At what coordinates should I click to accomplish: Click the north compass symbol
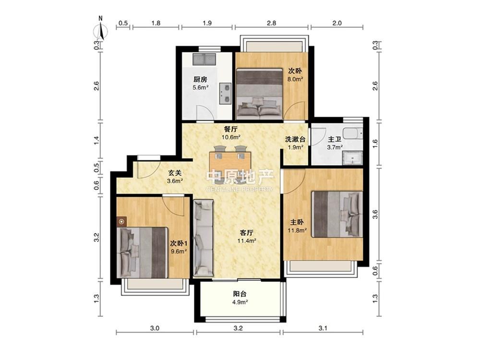(101, 29)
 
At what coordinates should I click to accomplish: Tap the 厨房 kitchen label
(200, 80)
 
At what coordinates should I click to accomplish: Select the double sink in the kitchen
(204, 59)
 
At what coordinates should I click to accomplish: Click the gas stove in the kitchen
(225, 94)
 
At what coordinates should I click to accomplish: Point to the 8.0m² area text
(295, 79)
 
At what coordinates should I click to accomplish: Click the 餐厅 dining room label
(231, 130)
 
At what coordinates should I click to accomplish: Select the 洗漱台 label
(295, 139)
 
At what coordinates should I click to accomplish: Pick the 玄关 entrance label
(175, 173)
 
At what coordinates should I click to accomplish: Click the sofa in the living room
(203, 238)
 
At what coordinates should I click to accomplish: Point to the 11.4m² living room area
(247, 240)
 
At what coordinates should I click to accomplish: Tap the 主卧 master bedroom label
(297, 222)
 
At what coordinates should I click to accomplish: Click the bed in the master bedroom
(337, 214)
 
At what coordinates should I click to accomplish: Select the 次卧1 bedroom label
(179, 244)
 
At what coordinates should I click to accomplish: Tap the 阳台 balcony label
(240, 294)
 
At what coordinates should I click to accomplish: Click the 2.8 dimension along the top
(272, 23)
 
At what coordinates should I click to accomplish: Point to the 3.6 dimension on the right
(375, 214)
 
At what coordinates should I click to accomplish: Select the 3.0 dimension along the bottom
(155, 328)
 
